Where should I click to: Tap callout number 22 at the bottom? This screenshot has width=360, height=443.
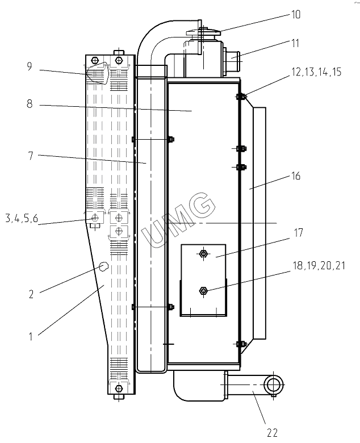[x=272, y=433]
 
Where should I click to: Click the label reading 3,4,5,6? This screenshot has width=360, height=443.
[x=22, y=218]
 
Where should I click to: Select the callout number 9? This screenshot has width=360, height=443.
[x=30, y=66]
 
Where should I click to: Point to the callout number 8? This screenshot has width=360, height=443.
[x=30, y=105]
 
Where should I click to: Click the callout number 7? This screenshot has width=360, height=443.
[x=30, y=156]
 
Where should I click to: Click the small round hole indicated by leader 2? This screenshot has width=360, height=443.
[x=103, y=266]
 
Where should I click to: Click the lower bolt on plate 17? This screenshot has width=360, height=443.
[x=203, y=291]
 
